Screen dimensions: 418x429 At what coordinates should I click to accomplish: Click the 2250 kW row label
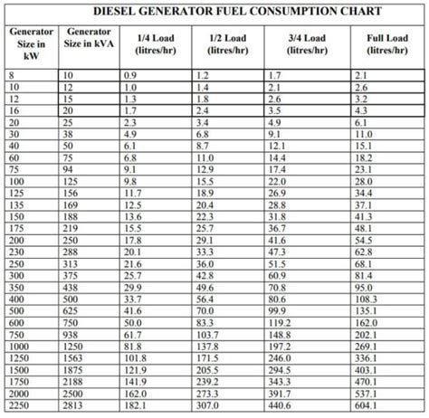coord(20,405)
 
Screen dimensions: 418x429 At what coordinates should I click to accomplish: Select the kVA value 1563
coord(76,357)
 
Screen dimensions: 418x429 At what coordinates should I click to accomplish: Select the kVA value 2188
coord(76,381)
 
